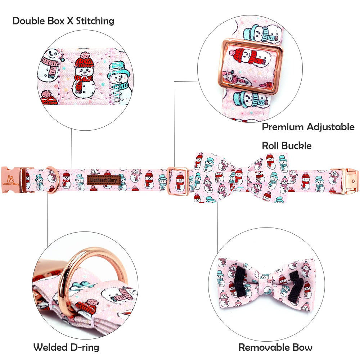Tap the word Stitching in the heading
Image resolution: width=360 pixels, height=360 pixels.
(95, 21)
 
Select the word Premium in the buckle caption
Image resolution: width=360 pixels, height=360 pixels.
(283, 127)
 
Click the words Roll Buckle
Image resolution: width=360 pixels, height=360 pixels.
(287, 146)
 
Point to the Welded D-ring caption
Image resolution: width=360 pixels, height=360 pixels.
(66, 347)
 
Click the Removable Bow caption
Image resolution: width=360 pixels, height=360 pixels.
(275, 347)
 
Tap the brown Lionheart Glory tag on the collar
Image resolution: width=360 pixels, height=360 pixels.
(104, 180)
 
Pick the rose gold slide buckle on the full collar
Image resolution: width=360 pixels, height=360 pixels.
(178, 181)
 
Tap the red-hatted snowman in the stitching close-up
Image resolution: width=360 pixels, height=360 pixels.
(84, 76)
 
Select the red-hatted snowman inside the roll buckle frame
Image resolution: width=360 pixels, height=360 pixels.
(249, 57)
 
